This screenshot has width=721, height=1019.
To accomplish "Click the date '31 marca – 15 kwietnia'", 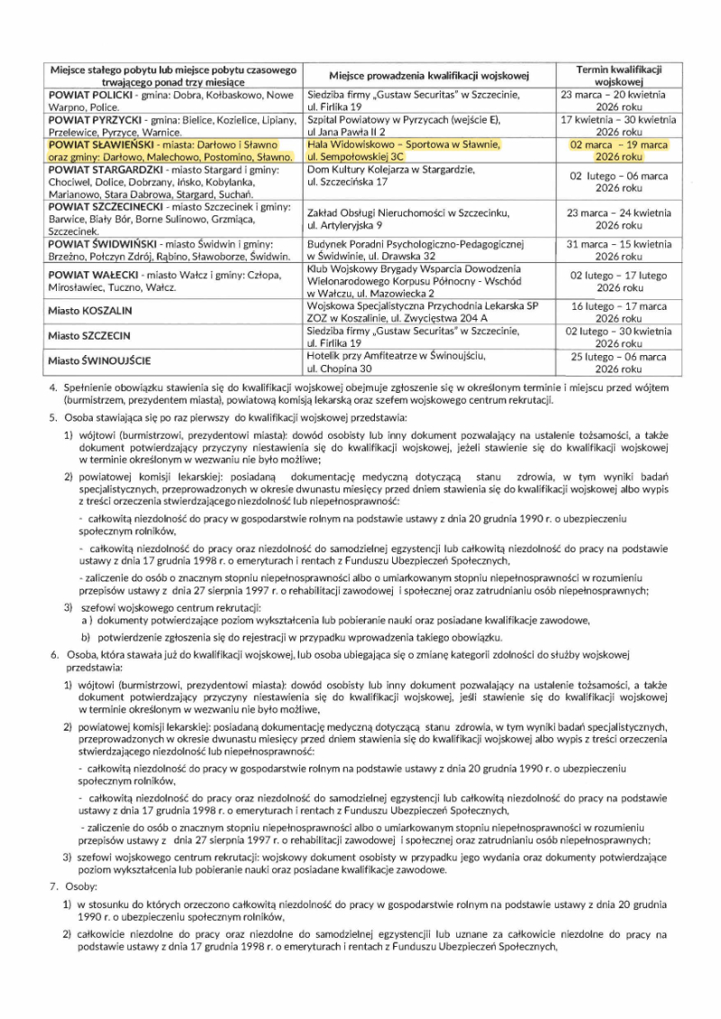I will (x=617, y=244).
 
